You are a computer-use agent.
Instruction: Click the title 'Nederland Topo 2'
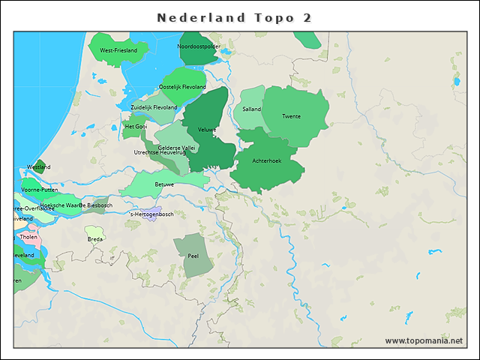[x=235, y=17]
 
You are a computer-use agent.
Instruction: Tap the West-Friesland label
[x=118, y=50]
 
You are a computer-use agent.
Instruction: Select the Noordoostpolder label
[x=199, y=46]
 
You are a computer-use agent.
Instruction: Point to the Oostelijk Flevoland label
[x=182, y=87]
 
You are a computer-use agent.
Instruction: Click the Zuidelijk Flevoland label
[x=154, y=107]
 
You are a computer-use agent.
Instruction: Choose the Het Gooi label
[x=136, y=127]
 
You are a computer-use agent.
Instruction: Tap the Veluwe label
[x=206, y=130]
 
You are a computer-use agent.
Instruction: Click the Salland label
[x=251, y=109]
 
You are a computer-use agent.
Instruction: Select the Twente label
[x=292, y=116]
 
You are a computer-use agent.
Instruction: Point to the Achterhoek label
[x=266, y=160]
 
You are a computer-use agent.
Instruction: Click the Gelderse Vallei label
[x=176, y=148]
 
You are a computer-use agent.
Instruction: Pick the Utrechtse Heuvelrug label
[x=160, y=153]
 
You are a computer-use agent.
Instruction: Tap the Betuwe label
[x=164, y=184]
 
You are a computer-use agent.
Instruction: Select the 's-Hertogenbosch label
[x=151, y=214]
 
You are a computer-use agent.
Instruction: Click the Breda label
[x=95, y=239]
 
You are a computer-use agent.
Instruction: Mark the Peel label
[x=193, y=256]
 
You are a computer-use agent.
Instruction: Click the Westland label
[x=38, y=166]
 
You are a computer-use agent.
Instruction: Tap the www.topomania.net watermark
[x=424, y=340]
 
